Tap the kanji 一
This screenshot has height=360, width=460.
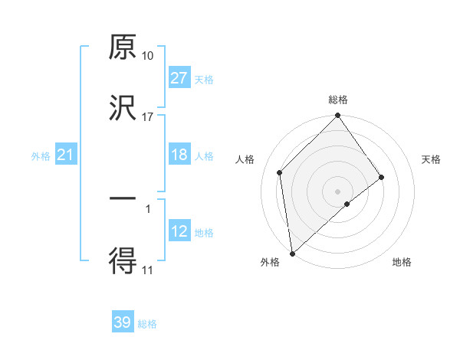pyautogui.click(x=123, y=199)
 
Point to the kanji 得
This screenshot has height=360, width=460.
pyautogui.click(x=123, y=260)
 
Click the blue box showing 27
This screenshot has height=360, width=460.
pyautogui.click(x=179, y=78)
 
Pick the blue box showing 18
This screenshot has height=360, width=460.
pyautogui.click(x=179, y=155)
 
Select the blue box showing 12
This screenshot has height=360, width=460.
pyautogui.click(x=179, y=231)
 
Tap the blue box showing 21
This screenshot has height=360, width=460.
pyautogui.click(x=66, y=155)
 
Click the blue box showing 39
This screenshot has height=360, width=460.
pyautogui.click(x=123, y=322)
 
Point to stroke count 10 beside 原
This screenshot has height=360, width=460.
pyautogui.click(x=147, y=56)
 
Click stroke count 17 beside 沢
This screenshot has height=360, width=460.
pyautogui.click(x=147, y=117)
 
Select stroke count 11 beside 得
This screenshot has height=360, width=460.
pyautogui.click(x=147, y=270)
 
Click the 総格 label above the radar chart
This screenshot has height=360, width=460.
pyautogui.click(x=338, y=100)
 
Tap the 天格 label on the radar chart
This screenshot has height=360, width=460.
pyautogui.click(x=432, y=159)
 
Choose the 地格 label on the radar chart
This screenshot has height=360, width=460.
pyautogui.click(x=402, y=262)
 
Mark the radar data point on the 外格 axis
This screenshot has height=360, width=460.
pyautogui.click(x=292, y=253)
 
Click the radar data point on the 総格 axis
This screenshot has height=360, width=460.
pyautogui.click(x=338, y=116)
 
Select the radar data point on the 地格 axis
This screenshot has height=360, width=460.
pyautogui.click(x=347, y=204)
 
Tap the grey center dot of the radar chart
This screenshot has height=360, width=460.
pyautogui.click(x=338, y=191)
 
